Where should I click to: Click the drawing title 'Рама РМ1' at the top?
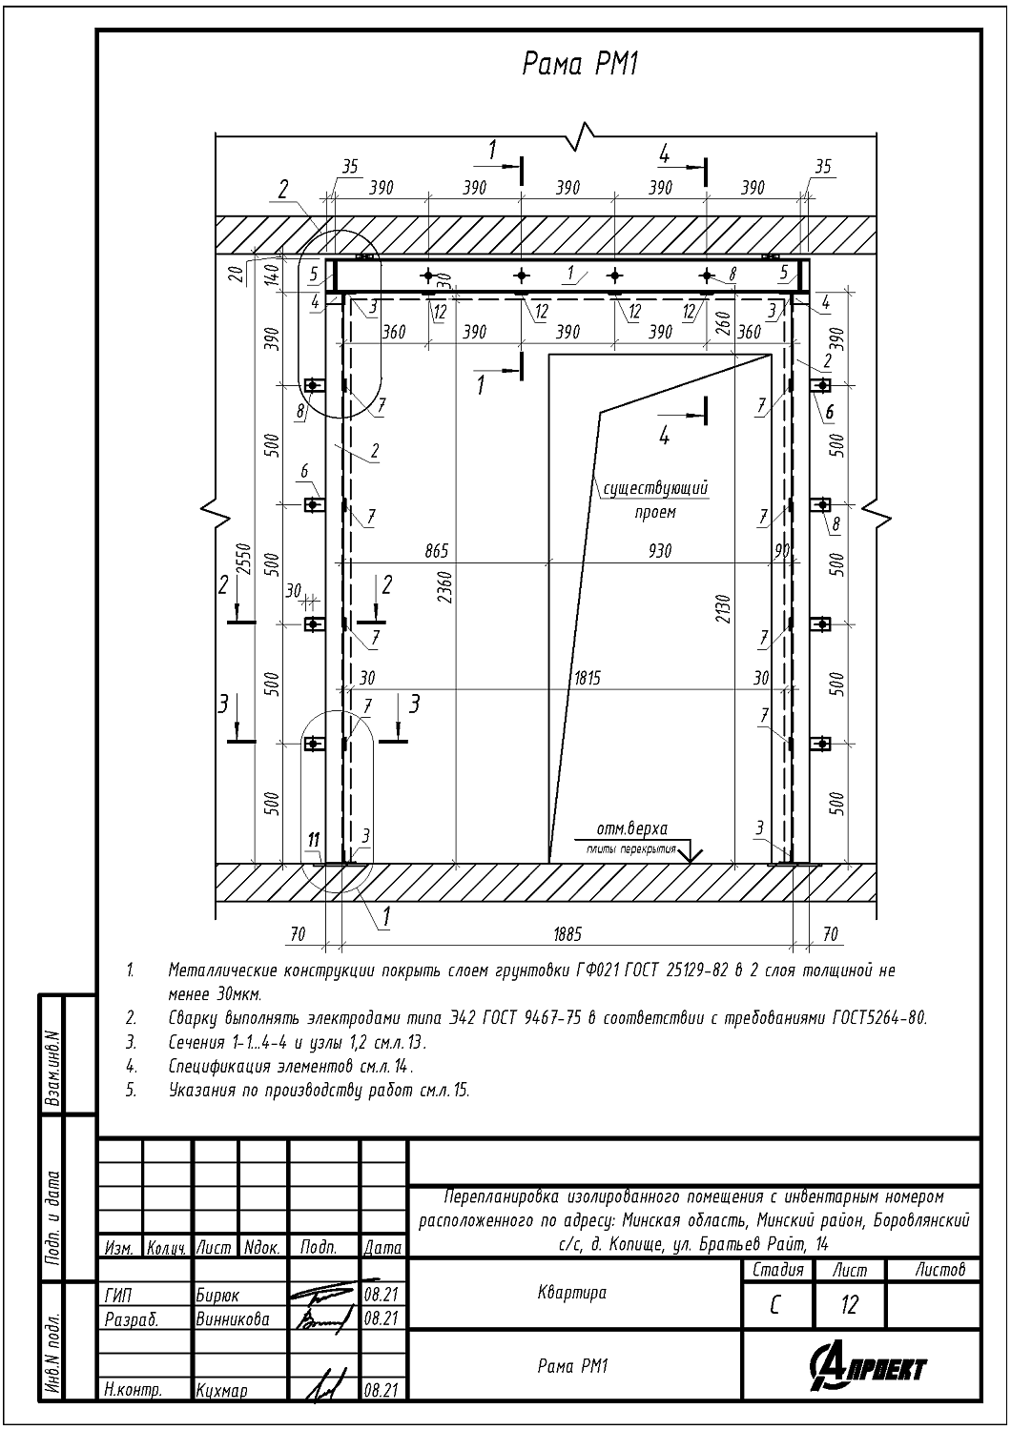579,64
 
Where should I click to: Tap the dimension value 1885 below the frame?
567,935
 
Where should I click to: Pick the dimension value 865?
435,551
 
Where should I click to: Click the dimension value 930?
659,551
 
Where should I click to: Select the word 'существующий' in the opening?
654,489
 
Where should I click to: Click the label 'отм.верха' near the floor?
631,827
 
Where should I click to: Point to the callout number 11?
314,839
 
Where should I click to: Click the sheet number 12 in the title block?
849,1304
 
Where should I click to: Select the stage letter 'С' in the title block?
775,1304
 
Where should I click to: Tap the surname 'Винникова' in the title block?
233,1320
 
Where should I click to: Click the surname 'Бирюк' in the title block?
217,1296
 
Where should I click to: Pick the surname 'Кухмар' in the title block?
221,1391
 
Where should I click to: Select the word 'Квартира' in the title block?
571,1294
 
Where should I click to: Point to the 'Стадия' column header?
778,1270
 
